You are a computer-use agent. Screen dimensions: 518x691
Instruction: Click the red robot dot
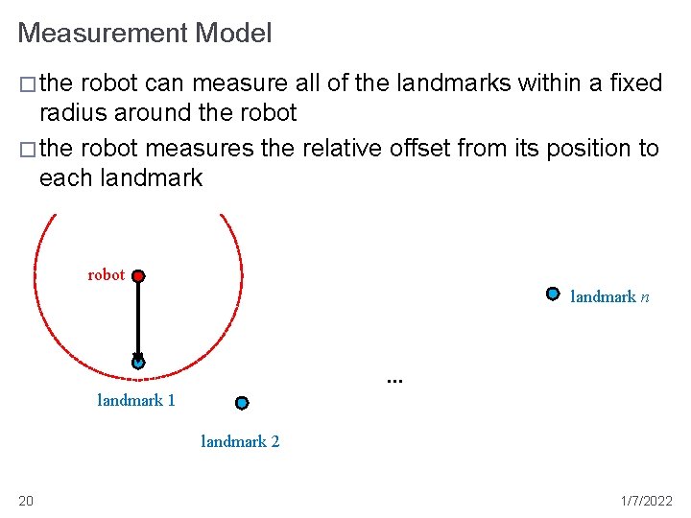click(138, 276)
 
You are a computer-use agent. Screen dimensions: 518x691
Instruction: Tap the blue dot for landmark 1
click(138, 363)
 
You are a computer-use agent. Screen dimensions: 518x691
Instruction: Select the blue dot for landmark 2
click(242, 403)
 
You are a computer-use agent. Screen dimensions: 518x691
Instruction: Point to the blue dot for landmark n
click(553, 294)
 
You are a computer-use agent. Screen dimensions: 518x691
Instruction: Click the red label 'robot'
click(107, 275)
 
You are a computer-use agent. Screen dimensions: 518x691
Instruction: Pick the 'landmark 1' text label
click(136, 400)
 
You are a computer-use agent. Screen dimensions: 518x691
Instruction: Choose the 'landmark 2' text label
click(240, 441)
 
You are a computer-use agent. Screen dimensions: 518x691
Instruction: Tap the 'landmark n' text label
click(610, 297)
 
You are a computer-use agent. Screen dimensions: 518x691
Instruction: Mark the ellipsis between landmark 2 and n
click(393, 379)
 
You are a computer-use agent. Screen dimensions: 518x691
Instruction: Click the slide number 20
click(26, 501)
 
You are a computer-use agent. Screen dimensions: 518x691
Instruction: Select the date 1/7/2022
click(646, 501)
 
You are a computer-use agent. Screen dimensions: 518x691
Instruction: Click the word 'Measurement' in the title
click(103, 34)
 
